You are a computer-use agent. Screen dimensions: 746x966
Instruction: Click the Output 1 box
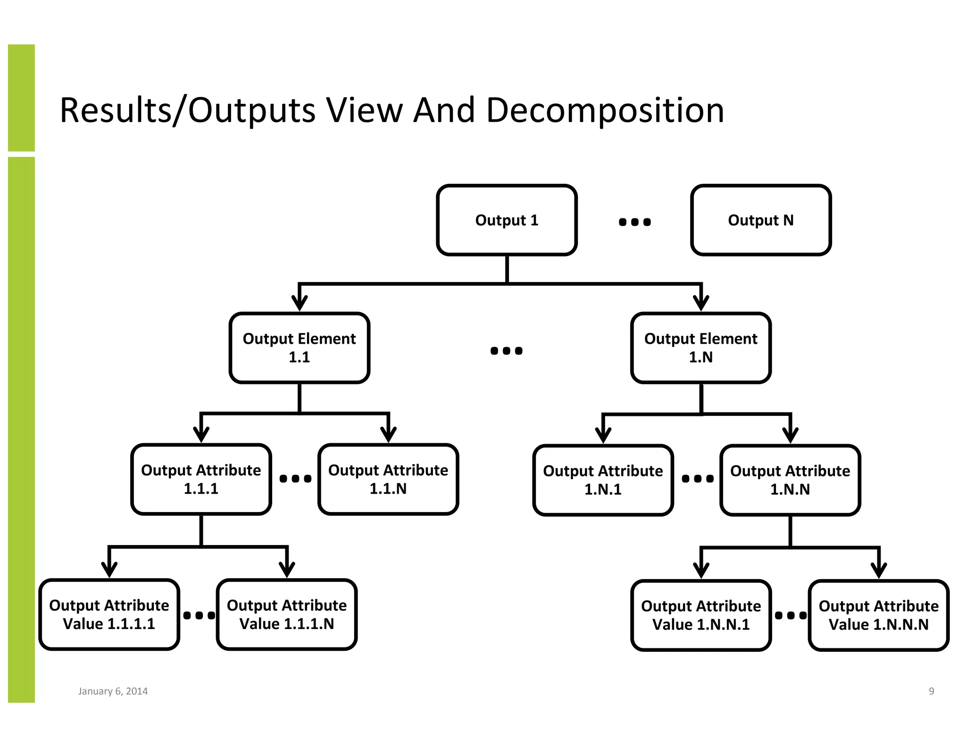507,220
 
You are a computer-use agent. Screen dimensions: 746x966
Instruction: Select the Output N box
760,220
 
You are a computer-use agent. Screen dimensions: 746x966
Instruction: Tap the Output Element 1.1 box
299,348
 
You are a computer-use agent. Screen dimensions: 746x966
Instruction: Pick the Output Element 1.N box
700,348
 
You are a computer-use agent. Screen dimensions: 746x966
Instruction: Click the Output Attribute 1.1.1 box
201,479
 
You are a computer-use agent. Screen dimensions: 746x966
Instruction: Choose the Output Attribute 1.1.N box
388,479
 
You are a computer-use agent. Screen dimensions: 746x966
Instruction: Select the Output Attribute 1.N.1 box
603,480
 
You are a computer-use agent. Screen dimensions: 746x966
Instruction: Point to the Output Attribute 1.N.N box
790,480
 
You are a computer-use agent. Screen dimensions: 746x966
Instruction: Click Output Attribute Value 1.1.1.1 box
109,614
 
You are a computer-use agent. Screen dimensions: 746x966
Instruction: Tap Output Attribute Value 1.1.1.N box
286,614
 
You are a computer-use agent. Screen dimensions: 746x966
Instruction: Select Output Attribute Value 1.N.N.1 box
700,615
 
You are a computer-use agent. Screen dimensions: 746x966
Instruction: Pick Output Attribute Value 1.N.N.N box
878,615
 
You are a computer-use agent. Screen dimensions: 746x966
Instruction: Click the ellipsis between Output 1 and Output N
634,222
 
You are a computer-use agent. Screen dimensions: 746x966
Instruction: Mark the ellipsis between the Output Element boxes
506,350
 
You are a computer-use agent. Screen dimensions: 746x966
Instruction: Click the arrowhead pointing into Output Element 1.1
300,303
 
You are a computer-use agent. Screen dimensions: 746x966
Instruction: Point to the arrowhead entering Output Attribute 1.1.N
388,434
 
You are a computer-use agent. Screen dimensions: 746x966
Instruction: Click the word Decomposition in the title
605,110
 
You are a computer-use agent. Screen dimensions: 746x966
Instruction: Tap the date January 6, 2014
113,691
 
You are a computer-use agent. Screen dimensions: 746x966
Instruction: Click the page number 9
931,691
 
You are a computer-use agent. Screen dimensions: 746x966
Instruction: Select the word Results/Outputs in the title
187,110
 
